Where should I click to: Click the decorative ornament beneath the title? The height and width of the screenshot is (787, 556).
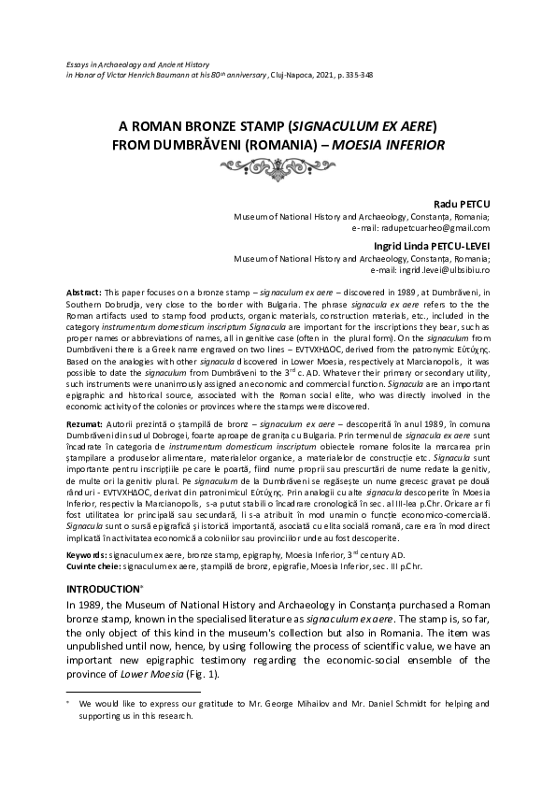(278, 167)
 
